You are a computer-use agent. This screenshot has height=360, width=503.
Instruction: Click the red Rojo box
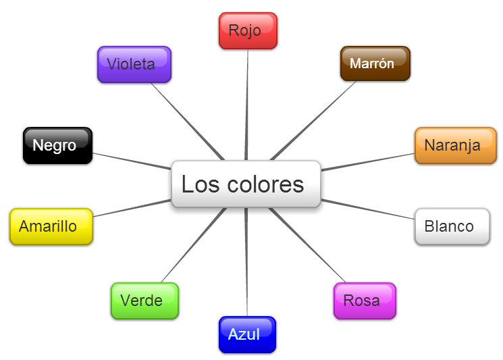click(x=248, y=30)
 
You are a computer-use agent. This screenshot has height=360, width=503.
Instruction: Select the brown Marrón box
click(x=375, y=63)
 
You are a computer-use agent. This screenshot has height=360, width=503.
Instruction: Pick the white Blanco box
click(x=451, y=226)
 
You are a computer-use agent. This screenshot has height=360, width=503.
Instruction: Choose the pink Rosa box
click(x=365, y=301)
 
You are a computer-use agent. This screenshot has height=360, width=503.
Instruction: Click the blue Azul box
click(x=247, y=334)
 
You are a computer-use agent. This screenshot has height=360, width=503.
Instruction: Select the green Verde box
click(x=144, y=301)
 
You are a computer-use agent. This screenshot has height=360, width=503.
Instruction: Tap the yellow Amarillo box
click(x=51, y=226)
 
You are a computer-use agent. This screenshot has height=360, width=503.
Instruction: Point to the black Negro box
click(x=57, y=145)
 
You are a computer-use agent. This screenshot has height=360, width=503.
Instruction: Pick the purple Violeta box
click(x=134, y=64)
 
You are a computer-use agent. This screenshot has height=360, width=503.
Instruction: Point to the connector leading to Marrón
click(x=314, y=118)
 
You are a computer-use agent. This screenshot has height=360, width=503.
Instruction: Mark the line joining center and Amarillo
click(x=132, y=208)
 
